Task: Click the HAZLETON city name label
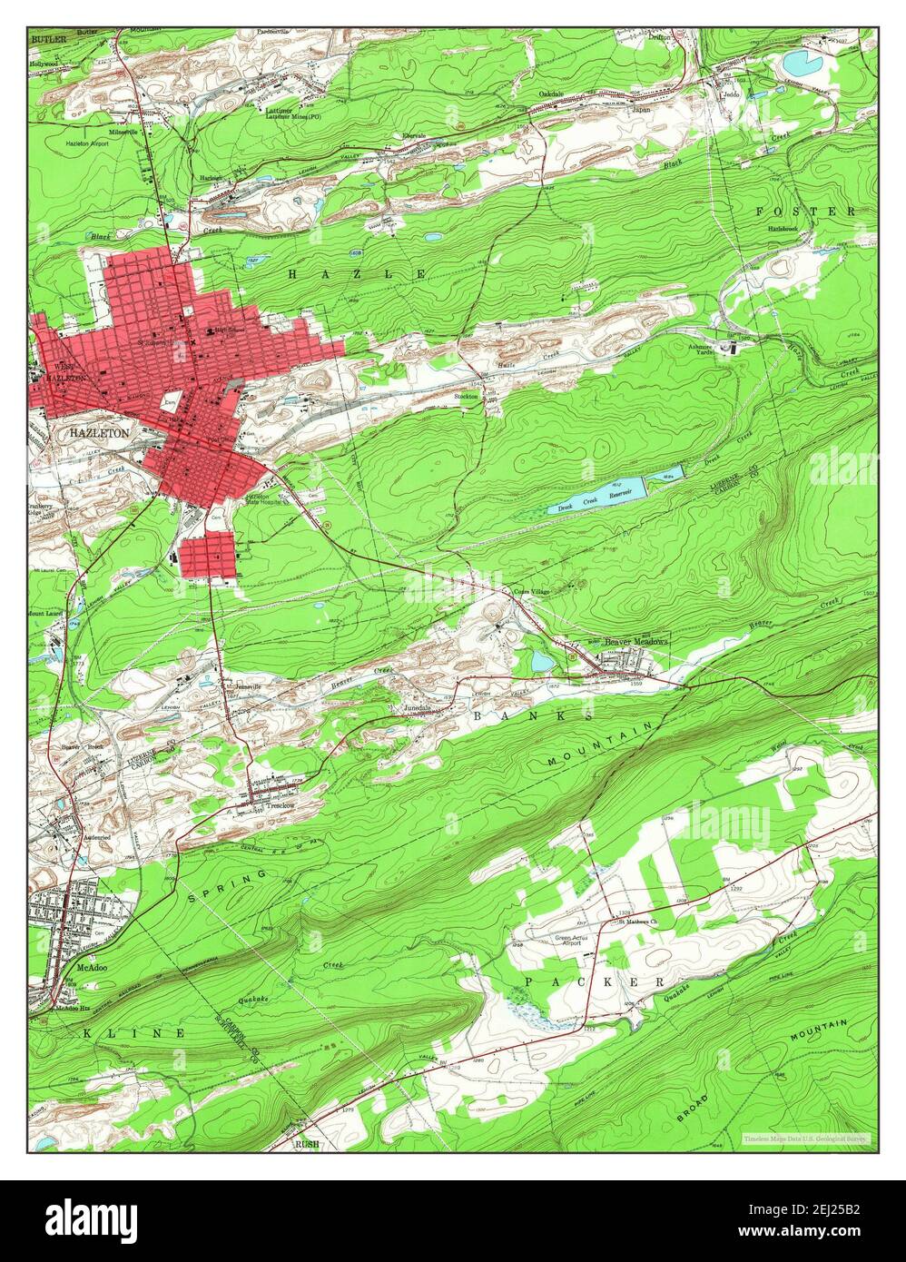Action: (99, 434)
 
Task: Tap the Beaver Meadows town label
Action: (636, 641)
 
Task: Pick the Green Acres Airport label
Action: (559, 941)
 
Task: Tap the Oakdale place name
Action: (551, 94)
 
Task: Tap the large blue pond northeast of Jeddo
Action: (799, 63)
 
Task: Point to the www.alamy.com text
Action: (822, 1235)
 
